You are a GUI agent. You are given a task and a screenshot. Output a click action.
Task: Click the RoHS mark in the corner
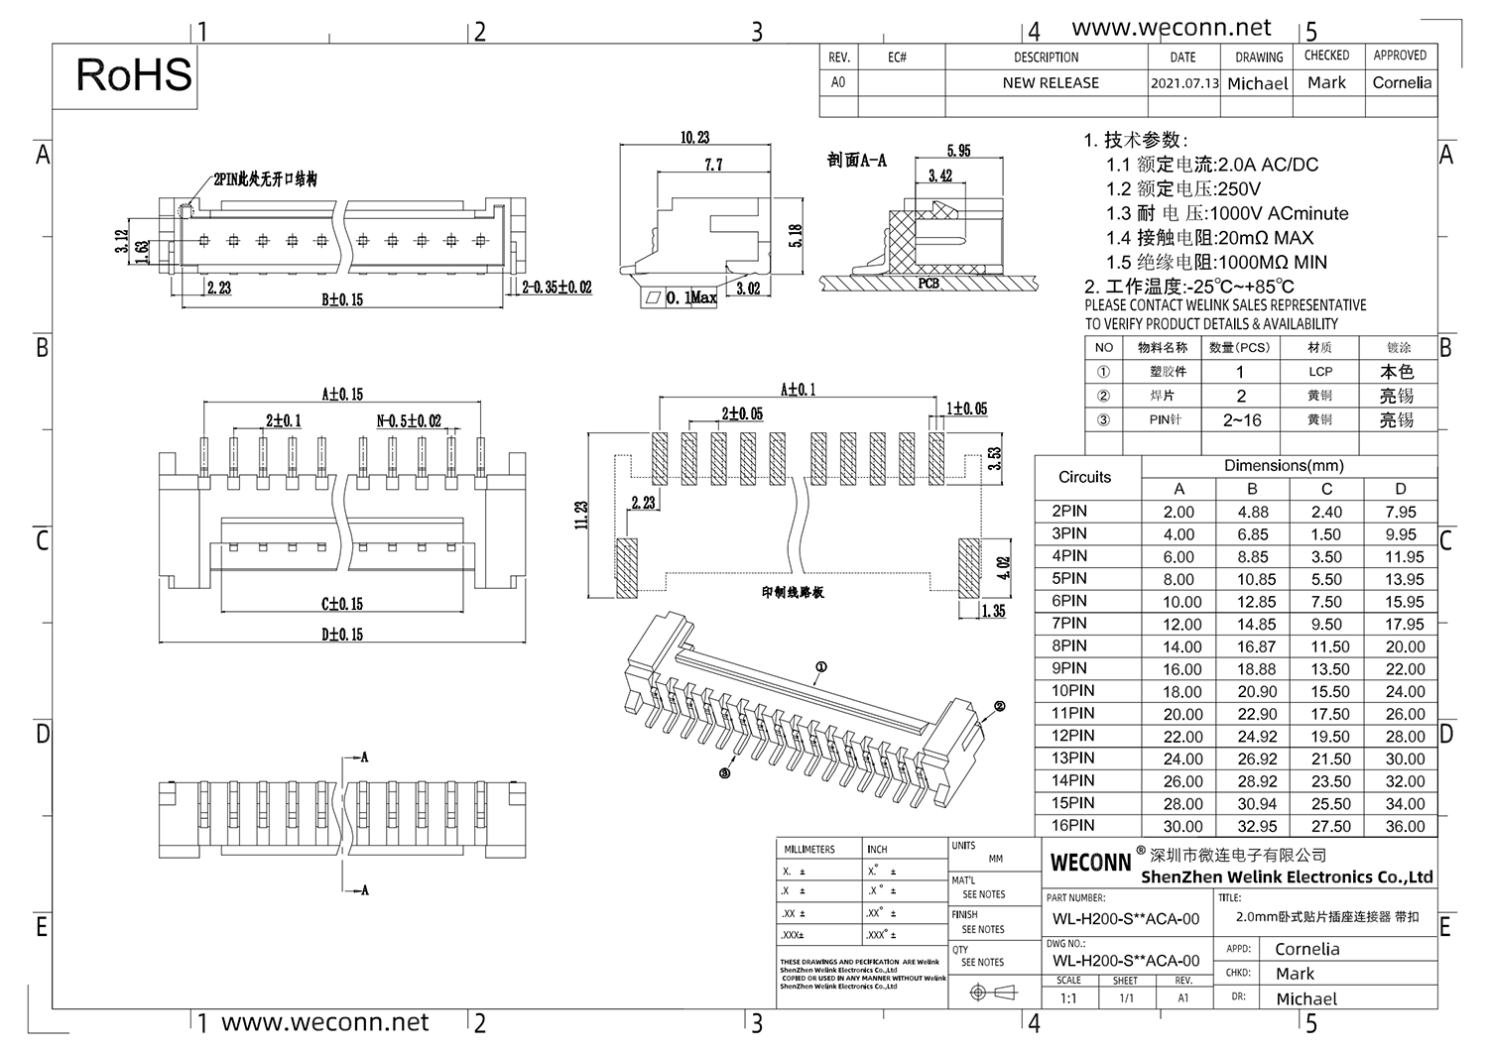pyautogui.click(x=134, y=75)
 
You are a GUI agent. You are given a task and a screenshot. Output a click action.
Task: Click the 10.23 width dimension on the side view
pyautogui.click(x=695, y=138)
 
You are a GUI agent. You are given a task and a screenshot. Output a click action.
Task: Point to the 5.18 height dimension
pyautogui.click(x=796, y=235)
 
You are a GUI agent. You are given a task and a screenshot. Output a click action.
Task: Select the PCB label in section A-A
pyautogui.click(x=928, y=283)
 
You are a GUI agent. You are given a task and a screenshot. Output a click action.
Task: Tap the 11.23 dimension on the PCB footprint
pyautogui.click(x=582, y=515)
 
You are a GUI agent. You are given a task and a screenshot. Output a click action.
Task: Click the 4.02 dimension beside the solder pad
pyautogui.click(x=1005, y=567)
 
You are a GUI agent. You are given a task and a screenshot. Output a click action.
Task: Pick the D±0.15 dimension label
pyautogui.click(x=341, y=635)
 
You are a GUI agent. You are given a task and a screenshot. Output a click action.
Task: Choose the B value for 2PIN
pyautogui.click(x=1252, y=512)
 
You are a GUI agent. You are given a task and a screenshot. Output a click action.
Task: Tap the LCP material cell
pyautogui.click(x=1320, y=372)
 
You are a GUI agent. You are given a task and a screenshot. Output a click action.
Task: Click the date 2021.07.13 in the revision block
pyautogui.click(x=1184, y=83)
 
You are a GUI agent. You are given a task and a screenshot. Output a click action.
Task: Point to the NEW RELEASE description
pyautogui.click(x=1051, y=83)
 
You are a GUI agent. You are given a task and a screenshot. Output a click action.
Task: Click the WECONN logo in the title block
pyautogui.click(x=1090, y=862)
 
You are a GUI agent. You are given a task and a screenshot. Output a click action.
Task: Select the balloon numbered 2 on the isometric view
pyautogui.click(x=1000, y=706)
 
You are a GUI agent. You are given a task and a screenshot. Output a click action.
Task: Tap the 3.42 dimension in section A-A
pyautogui.click(x=939, y=175)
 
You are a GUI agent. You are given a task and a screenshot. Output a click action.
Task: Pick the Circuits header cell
pyautogui.click(x=1085, y=477)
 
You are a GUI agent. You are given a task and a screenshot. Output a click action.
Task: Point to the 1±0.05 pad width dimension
pyautogui.click(x=966, y=409)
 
